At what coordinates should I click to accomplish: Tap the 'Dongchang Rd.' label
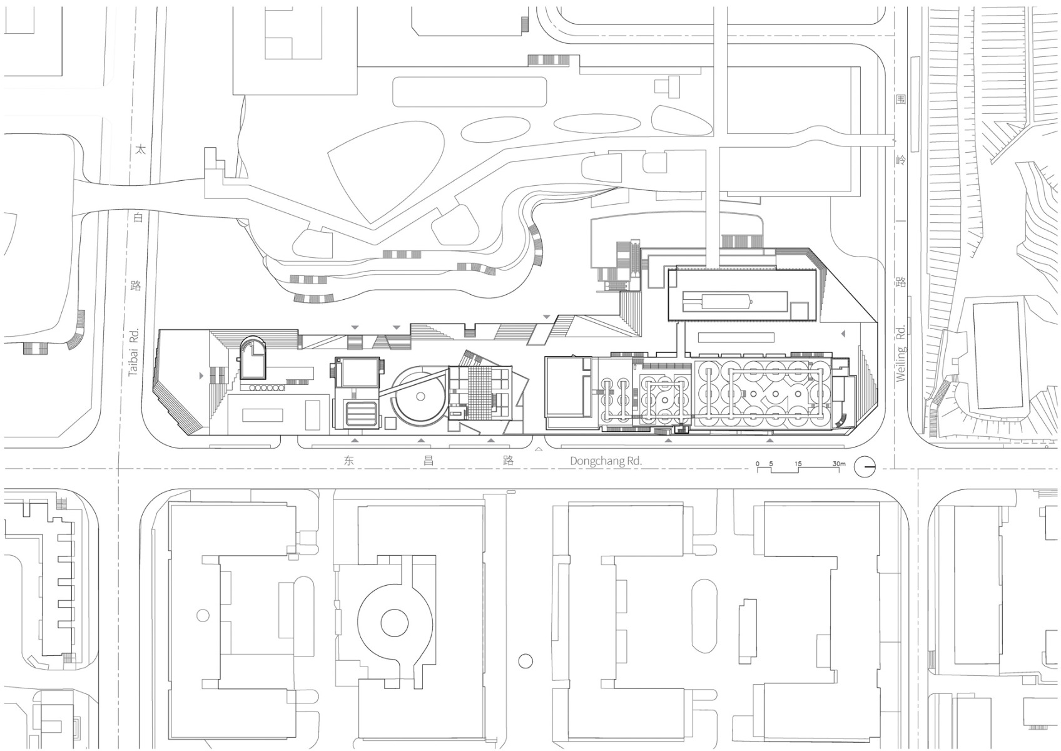tap(606, 461)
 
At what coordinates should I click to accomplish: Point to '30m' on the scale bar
tap(839, 464)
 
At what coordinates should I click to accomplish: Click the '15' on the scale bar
tap(798, 464)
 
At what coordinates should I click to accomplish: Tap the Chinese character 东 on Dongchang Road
tap(348, 461)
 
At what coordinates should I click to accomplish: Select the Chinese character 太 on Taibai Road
tap(140, 150)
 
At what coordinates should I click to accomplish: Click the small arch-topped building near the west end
tap(252, 359)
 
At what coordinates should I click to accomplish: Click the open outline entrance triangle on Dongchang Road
tap(538, 449)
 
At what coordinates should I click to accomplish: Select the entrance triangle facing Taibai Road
tap(201, 375)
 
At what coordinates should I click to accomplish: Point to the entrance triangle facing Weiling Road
tap(843, 334)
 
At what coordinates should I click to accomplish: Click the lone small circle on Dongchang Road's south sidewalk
tap(525, 660)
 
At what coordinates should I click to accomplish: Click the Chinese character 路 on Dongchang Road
tap(508, 461)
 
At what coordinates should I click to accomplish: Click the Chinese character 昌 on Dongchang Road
tap(429, 461)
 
